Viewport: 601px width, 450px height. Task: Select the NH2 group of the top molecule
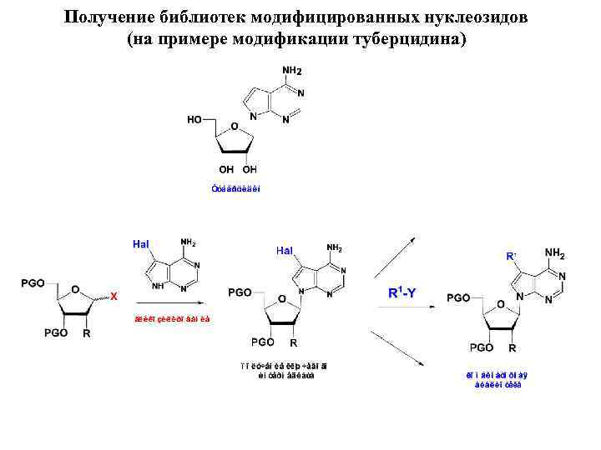point(293,70)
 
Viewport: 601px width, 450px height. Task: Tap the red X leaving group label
point(114,296)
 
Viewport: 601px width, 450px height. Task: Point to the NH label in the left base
point(159,284)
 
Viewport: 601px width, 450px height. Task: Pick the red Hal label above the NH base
point(140,243)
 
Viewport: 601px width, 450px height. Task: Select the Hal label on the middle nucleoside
point(285,250)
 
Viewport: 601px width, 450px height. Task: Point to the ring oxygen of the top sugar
point(235,127)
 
